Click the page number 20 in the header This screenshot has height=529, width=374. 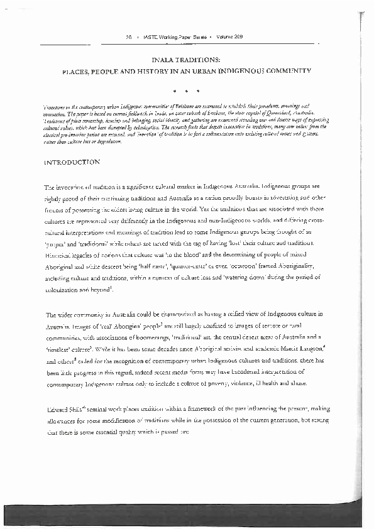pyautogui.click(x=129, y=37)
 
